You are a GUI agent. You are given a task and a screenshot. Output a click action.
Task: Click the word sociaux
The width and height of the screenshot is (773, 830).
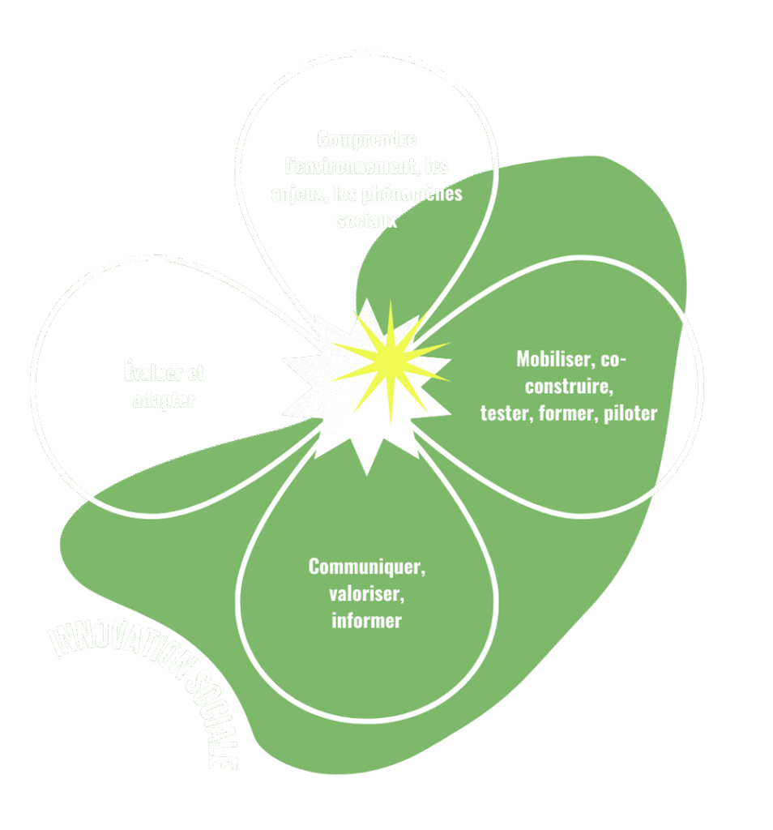click(367, 220)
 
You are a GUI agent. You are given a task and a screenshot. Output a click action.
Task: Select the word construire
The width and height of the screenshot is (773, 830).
click(567, 385)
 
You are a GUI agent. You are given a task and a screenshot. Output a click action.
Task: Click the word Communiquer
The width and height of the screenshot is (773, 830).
click(365, 567)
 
